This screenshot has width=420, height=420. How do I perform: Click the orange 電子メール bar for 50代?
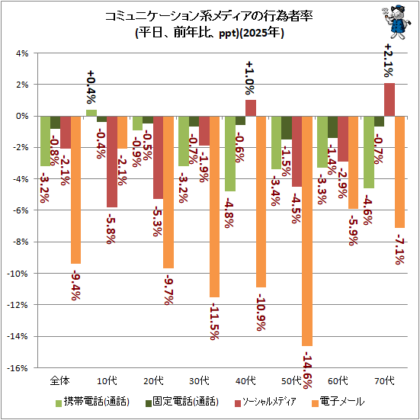click(307, 231)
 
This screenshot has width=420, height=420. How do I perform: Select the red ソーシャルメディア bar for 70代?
click(390, 100)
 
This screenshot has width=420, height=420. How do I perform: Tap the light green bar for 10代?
click(91, 113)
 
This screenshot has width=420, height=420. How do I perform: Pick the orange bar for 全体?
click(75, 190)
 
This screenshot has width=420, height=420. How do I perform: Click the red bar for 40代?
click(251, 108)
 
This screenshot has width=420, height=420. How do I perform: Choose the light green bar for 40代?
click(230, 153)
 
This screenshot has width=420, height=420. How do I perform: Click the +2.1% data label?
click(389, 60)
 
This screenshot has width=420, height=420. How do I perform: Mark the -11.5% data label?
click(214, 321)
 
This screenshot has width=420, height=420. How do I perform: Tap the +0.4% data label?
click(91, 88)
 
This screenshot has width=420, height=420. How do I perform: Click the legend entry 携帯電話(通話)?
click(92, 402)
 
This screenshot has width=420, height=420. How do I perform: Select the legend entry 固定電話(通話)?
click(182, 402)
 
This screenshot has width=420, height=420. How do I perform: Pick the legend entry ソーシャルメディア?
click(265, 402)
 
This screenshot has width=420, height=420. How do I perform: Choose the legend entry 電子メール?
click(338, 402)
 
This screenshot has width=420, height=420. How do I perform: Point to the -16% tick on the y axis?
click(19, 367)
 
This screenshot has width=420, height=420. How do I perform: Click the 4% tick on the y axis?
click(22, 53)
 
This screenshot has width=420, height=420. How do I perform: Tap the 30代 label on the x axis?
click(199, 380)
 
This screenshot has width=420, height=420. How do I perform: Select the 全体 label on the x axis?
click(60, 380)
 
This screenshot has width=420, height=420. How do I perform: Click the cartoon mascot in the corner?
click(396, 22)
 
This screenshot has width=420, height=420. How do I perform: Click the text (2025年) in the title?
click(261, 34)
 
